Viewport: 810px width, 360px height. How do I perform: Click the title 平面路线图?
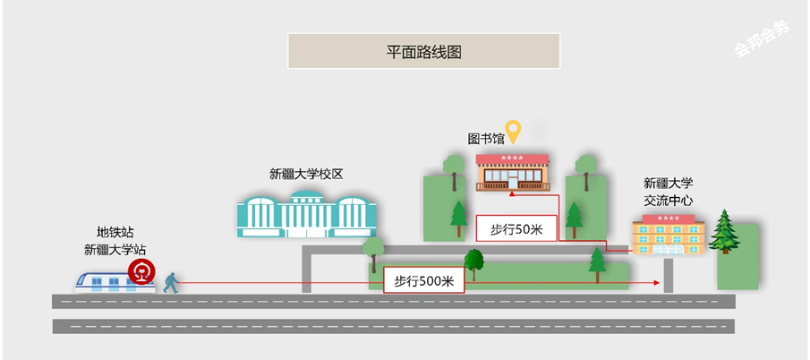pos(423,52)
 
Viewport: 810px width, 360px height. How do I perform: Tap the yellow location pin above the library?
pos(513,131)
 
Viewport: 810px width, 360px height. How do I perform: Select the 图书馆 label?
pos(486,139)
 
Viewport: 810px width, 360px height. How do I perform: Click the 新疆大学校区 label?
pos(306,174)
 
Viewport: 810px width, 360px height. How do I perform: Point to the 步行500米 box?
pos(423,281)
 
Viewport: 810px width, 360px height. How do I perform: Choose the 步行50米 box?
pos(516,228)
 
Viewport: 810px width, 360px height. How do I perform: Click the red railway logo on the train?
pos(141,271)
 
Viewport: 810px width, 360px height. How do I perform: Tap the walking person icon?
pos(171,283)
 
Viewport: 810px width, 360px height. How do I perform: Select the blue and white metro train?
pos(115,282)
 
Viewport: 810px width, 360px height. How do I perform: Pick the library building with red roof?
pos(513,173)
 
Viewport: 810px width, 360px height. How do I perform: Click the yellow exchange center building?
pos(669,235)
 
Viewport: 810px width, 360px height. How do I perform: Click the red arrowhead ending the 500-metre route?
pos(657,282)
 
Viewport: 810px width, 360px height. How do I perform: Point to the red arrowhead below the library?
pos(511,193)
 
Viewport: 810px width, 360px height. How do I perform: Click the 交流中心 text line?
pos(668,201)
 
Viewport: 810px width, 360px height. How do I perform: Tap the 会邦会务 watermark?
pos(762,39)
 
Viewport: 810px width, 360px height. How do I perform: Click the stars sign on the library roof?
pos(512,158)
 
